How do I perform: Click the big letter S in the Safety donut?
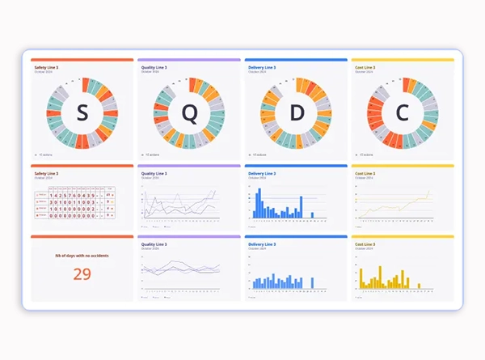click(82, 115)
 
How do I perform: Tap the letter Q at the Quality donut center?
click(188, 115)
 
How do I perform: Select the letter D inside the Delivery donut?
click(295, 115)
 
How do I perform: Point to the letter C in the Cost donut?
click(402, 115)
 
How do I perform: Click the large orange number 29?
click(82, 274)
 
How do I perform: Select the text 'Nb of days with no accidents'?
click(82, 256)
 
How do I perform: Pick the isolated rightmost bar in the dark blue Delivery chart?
click(313, 215)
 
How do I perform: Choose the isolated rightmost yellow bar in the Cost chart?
click(419, 284)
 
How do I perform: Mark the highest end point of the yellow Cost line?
click(429, 192)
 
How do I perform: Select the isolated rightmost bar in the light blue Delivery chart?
click(312, 284)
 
